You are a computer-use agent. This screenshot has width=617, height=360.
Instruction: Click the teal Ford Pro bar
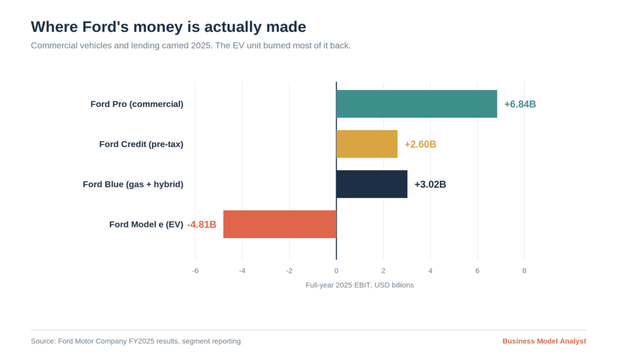click(417, 104)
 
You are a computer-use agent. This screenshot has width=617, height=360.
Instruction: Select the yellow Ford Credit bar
click(367, 144)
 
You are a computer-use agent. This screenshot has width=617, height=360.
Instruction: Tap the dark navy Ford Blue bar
click(372, 185)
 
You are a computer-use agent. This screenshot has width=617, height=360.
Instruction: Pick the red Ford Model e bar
click(280, 224)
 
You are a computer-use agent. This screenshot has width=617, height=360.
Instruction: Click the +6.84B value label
click(520, 104)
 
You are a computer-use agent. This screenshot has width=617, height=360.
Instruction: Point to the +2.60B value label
click(420, 145)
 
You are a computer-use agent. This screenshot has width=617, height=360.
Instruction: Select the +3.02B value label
click(430, 185)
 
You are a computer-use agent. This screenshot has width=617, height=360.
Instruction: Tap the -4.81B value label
click(201, 224)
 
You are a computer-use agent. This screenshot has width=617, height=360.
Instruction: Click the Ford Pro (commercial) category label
click(137, 104)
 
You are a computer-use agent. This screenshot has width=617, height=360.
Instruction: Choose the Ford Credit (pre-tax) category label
click(141, 145)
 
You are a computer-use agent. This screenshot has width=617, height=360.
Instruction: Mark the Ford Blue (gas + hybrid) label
click(133, 185)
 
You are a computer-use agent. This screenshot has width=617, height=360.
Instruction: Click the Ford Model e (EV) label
click(146, 224)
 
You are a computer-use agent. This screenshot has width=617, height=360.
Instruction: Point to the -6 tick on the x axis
click(195, 271)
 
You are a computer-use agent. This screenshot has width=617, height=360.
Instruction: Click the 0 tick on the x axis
click(336, 271)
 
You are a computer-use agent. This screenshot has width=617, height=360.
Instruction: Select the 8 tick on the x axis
click(524, 271)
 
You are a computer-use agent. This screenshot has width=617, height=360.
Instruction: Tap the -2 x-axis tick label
click(289, 271)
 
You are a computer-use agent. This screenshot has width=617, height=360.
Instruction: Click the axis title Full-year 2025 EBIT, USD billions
click(360, 285)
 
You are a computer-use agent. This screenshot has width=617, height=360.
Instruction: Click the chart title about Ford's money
click(169, 27)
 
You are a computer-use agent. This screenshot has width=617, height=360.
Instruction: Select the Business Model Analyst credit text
click(544, 341)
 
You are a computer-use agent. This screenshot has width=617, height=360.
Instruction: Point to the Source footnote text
click(136, 341)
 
